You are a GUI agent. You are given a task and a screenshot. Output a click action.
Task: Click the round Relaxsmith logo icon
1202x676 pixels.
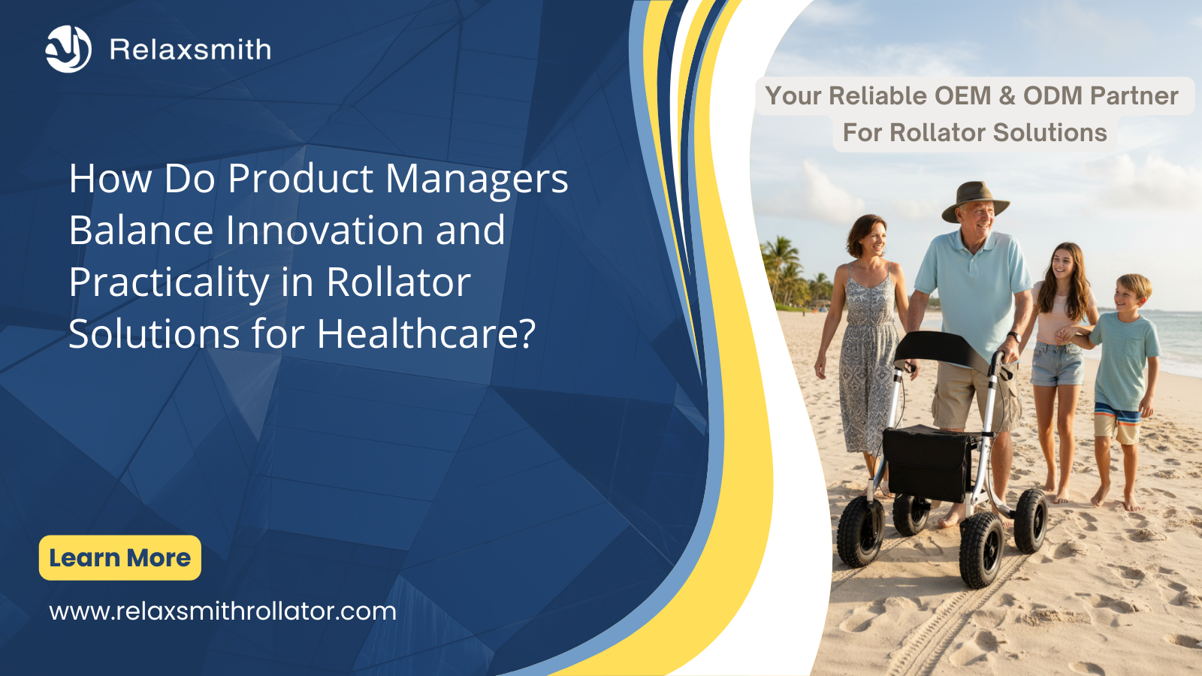(68, 49)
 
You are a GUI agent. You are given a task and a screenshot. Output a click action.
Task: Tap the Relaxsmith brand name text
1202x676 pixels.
(191, 50)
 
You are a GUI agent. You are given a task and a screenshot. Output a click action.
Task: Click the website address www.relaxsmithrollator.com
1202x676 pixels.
(222, 611)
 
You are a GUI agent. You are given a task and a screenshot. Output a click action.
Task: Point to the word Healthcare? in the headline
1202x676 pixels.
(426, 333)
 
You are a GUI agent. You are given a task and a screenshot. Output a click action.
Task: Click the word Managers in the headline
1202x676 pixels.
(476, 180)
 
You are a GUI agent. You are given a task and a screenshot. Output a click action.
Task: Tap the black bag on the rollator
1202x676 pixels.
(927, 462)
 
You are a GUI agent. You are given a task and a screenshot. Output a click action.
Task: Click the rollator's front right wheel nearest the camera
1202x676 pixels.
(981, 549)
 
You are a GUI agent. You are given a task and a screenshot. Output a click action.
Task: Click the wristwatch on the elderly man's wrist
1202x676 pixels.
(1013, 337)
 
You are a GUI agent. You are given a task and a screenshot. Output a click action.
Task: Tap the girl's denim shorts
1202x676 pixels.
(1056, 364)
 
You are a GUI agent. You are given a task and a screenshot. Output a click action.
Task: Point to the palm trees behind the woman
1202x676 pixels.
(793, 273)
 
